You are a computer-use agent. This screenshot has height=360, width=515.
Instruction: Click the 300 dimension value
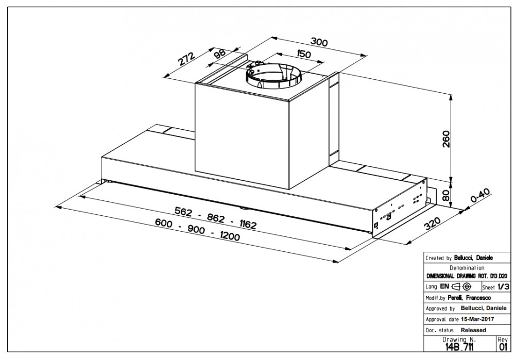(319, 43)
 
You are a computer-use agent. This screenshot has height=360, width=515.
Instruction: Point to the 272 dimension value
(186, 61)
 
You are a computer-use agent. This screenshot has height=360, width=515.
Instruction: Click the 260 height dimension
(446, 139)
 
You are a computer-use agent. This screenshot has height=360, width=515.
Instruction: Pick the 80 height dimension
(446, 195)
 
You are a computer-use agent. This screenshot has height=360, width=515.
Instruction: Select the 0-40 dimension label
(480, 198)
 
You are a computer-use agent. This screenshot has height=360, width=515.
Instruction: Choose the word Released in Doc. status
(473, 330)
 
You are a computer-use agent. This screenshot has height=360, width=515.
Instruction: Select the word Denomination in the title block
(467, 268)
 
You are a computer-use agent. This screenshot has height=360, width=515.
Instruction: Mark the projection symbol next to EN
(461, 287)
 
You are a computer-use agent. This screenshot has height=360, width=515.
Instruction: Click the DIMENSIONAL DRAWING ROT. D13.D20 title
(467, 277)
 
